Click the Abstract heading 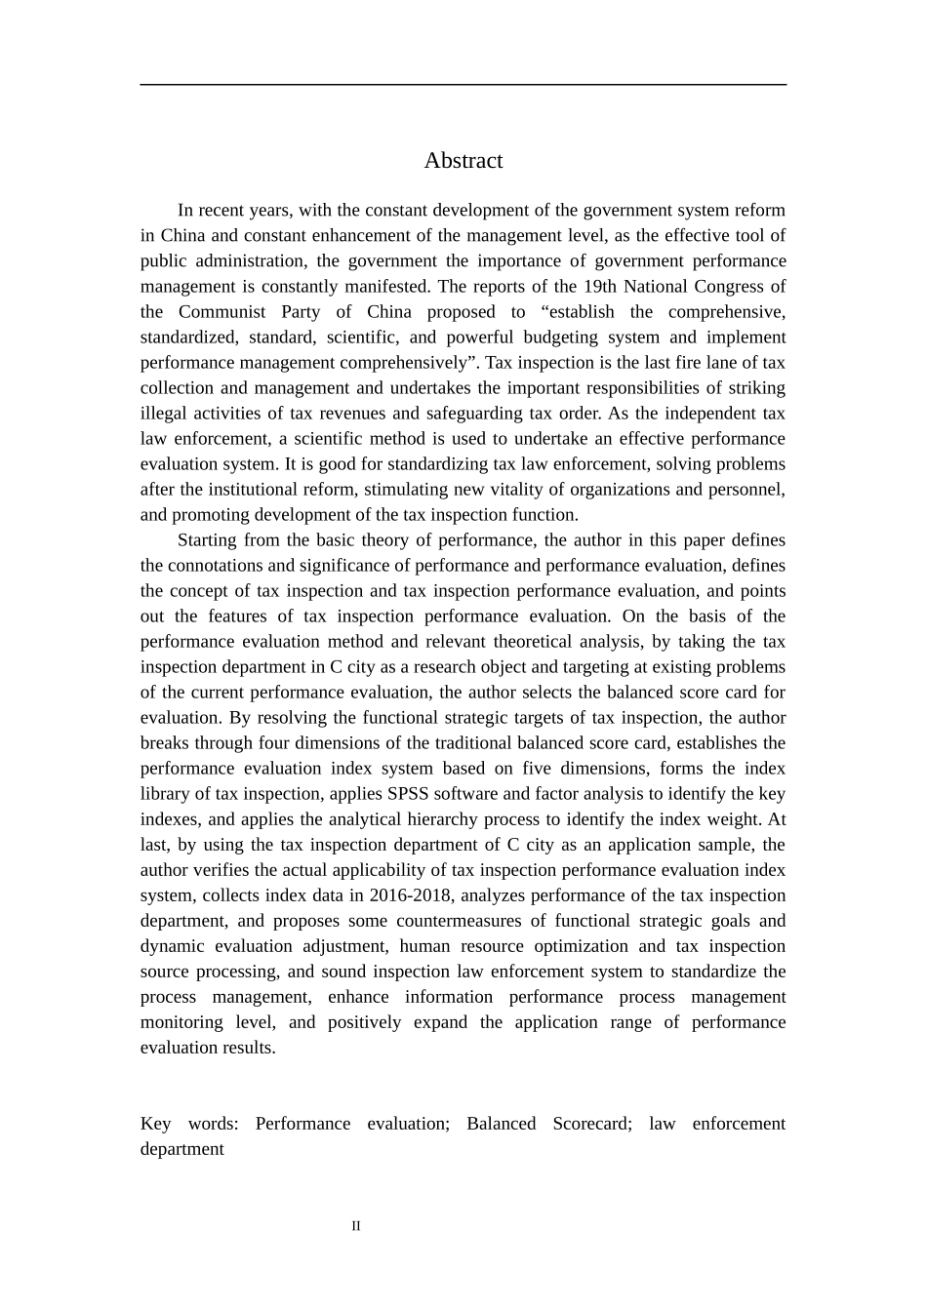(463, 161)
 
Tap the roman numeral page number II (356, 1226)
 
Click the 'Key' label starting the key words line (156, 1124)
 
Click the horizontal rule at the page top (463, 85)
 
